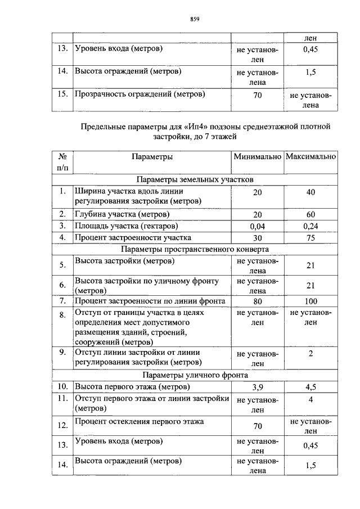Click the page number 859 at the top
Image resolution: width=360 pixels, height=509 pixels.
195,19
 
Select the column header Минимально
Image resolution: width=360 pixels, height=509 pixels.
257,156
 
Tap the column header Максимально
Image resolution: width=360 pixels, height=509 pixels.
310,156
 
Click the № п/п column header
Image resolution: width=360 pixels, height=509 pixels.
62,161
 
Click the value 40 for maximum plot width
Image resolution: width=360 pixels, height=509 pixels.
310,192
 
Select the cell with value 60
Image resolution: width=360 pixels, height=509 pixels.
310,214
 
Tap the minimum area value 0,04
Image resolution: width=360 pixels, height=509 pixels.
257,226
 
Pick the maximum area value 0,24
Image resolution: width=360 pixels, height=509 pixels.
310,226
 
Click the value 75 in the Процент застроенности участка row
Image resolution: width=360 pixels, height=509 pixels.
310,238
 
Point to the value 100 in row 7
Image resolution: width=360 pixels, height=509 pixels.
310,301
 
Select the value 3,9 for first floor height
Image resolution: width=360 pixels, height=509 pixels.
257,387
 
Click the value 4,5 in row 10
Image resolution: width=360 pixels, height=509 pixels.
310,387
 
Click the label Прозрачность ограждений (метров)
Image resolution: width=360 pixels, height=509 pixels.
139,94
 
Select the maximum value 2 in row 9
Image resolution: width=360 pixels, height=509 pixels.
310,354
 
